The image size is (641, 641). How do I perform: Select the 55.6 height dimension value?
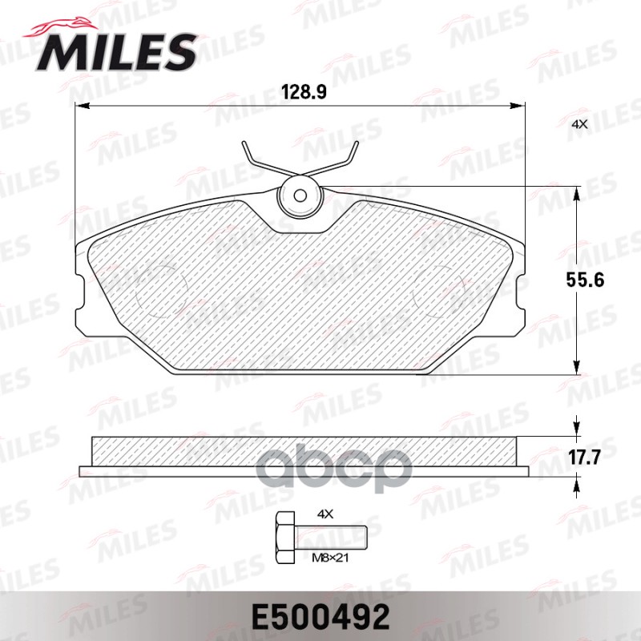(x=607, y=280)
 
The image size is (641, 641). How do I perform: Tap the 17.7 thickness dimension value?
(x=607, y=457)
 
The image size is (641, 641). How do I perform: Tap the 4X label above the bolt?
(x=325, y=512)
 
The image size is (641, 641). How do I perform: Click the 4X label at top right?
(x=580, y=124)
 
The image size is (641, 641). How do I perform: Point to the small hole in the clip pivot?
(x=298, y=195)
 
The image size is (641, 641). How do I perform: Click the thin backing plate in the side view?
(x=304, y=470)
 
